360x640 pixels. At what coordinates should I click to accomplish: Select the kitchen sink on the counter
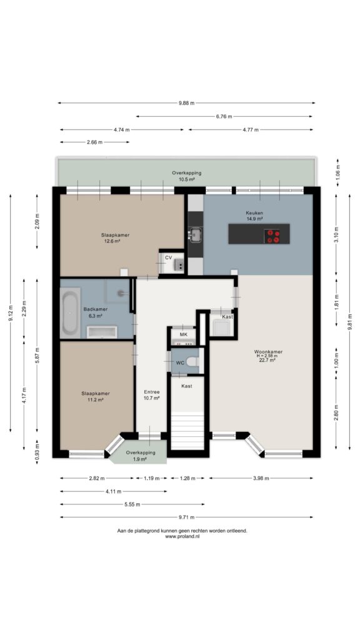pos(195,235)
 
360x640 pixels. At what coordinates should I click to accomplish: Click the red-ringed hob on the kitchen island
pos(273,236)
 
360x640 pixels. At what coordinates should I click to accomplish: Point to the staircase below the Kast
pos(187,431)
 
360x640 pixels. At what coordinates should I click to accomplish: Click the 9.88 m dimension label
pos(186,103)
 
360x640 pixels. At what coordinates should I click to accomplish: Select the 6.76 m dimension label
pos(224,117)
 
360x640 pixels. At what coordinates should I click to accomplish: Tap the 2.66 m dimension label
pos(94,142)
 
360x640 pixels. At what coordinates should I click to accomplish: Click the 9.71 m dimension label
pos(186,517)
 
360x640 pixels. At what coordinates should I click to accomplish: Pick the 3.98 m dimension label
pos(261,478)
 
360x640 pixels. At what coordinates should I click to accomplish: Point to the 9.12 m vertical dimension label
pos(11,313)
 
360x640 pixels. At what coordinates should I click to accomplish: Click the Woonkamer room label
pos(268,351)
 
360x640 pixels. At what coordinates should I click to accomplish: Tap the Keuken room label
pos(254,213)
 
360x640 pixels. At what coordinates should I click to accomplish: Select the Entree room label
pos(151,392)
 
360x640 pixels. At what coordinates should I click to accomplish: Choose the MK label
pos(183,335)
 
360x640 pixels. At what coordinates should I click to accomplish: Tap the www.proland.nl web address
pos(182,536)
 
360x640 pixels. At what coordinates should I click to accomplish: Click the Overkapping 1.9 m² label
pos(141,456)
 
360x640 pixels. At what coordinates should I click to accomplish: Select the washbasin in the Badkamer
pos(102,332)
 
